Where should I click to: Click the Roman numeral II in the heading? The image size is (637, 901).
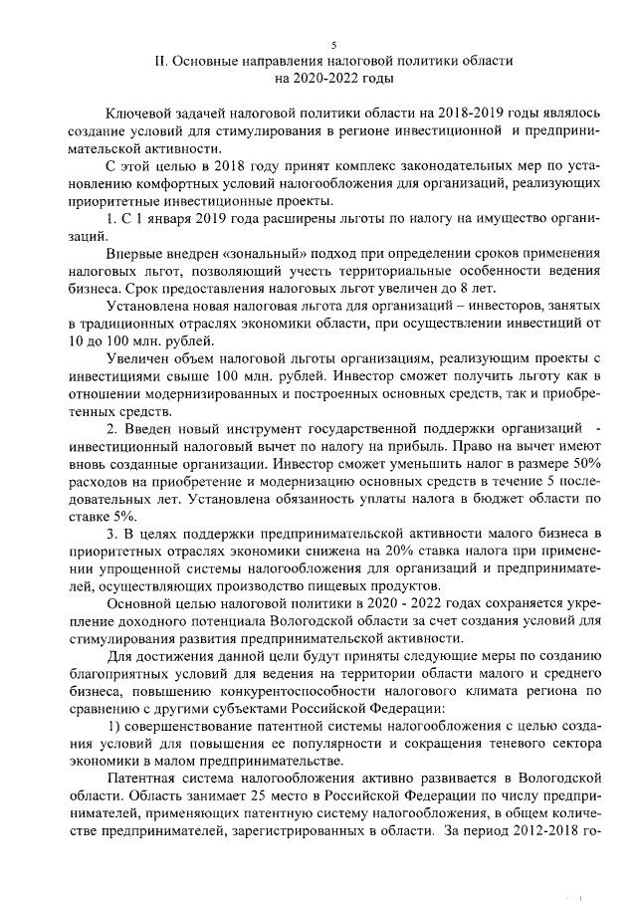click(x=161, y=61)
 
